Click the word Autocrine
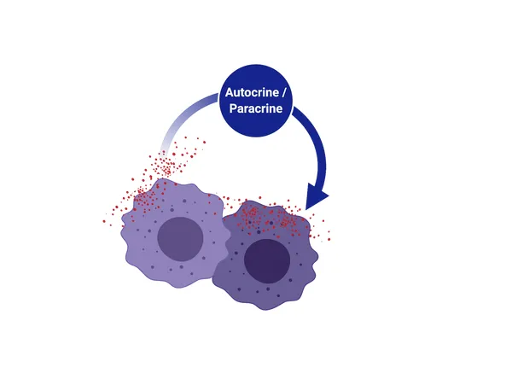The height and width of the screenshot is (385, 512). point(252,92)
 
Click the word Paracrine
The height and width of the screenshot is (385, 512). point(256,108)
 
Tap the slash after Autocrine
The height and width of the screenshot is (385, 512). point(284,92)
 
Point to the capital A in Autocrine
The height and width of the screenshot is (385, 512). point(229,92)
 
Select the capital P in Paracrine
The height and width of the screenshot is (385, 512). point(232,108)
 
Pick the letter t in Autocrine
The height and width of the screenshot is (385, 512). point(241,93)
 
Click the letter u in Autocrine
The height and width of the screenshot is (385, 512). point(236,93)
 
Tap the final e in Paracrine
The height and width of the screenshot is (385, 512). point(279,109)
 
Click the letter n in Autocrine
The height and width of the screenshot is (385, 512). point(270,93)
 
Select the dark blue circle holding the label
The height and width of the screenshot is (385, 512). point(256,101)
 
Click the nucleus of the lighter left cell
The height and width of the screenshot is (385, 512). point(180,239)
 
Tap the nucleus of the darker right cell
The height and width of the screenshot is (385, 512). point(267,261)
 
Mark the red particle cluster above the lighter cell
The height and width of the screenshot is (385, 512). point(166,163)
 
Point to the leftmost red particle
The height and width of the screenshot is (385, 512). point(104,221)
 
